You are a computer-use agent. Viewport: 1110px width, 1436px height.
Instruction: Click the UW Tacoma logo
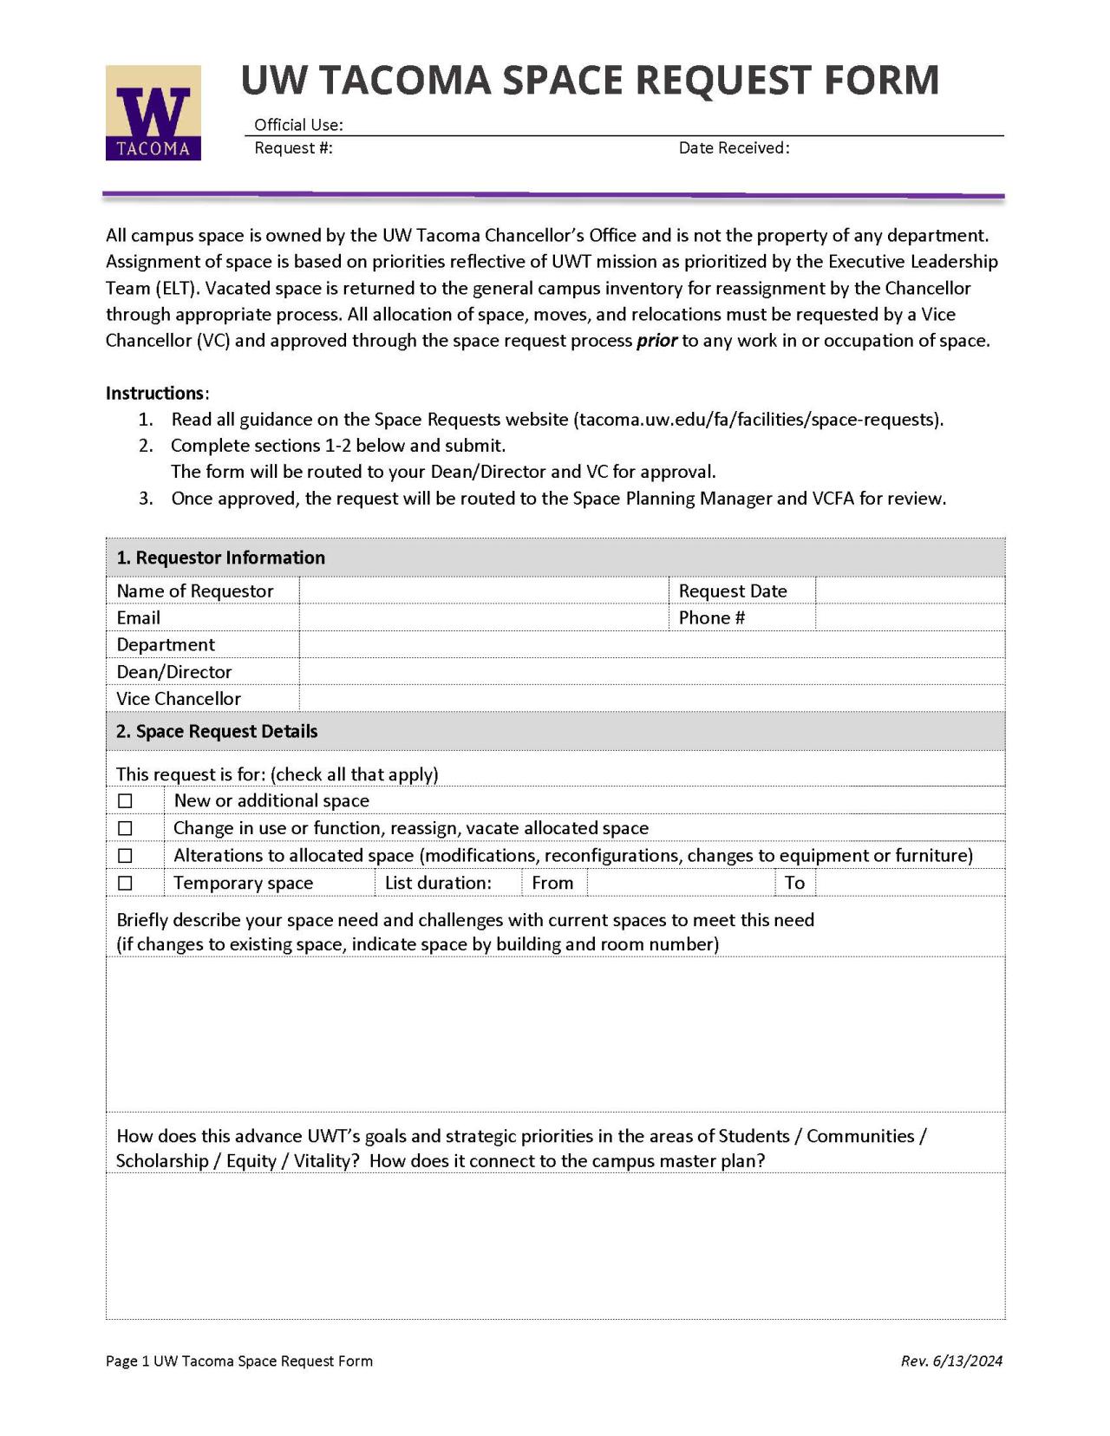coord(153,113)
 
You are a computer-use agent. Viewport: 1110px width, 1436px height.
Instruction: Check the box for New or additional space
coord(126,800)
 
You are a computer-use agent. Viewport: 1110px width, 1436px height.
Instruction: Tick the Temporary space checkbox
coord(126,883)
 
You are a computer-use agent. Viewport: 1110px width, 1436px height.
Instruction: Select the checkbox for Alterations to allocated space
coord(126,855)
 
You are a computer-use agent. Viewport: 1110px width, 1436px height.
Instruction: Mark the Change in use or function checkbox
coord(126,828)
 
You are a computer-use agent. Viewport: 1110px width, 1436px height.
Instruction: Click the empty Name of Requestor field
coord(483,591)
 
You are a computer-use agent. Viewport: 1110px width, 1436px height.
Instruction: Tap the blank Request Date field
coord(910,591)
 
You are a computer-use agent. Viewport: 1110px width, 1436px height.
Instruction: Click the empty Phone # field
coord(910,617)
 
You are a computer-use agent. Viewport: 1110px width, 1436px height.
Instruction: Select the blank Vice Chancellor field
coord(651,698)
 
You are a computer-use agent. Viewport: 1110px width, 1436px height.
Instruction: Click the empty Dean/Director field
coord(651,671)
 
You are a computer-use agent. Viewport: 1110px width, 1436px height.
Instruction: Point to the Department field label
coord(166,644)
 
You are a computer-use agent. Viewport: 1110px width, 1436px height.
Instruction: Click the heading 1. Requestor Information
coord(221,558)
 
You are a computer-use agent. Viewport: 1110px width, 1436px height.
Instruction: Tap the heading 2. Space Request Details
coord(217,731)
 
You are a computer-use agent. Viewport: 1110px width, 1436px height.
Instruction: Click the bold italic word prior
coord(656,341)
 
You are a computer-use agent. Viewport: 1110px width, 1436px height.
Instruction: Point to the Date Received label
coord(734,148)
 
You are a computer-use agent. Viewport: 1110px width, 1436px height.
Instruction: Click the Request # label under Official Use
coord(293,148)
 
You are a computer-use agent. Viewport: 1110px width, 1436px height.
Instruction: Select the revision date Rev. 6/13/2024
coord(951,1361)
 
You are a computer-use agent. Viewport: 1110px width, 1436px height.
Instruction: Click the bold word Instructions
coord(155,393)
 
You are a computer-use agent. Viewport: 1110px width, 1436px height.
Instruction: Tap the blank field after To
coord(910,883)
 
